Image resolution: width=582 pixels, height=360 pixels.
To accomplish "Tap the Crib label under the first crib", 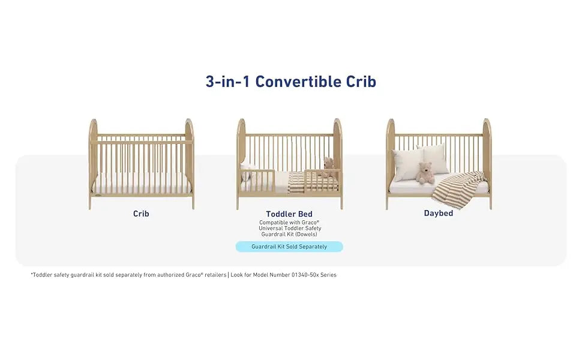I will pyautogui.click(x=141, y=214).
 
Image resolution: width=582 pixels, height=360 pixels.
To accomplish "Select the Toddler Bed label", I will pyautogui.click(x=289, y=214).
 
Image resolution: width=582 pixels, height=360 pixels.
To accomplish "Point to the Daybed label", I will pyautogui.click(x=439, y=214).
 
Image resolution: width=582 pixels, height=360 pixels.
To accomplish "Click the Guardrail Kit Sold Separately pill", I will pyautogui.click(x=289, y=247).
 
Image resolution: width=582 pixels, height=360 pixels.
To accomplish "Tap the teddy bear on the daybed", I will pyautogui.click(x=425, y=172).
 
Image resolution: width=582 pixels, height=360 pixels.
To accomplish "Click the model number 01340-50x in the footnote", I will pyautogui.click(x=304, y=275).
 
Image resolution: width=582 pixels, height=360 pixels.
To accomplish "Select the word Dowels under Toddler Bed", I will pyautogui.click(x=305, y=234).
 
